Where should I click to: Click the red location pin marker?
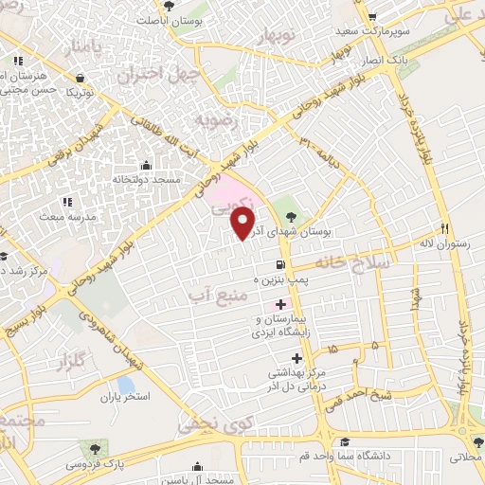(x=243, y=224)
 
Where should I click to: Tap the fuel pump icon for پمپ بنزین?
(x=279, y=265)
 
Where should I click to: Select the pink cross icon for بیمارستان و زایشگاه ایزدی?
(x=279, y=304)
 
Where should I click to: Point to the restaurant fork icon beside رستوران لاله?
(x=444, y=228)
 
